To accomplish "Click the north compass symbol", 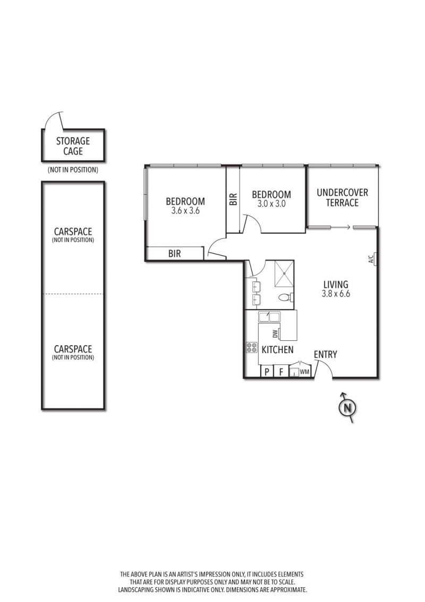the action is click(347, 408).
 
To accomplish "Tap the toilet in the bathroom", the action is click(286, 297).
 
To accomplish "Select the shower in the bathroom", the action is click(284, 274).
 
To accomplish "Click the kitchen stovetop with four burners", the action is click(252, 347).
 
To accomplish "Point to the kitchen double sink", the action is click(269, 317).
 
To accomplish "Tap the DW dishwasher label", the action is click(275, 335).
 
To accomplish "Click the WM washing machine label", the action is click(304, 372).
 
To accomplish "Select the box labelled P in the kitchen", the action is click(267, 372).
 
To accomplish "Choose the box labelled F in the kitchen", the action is click(281, 372).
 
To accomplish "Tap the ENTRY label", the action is click(325, 354).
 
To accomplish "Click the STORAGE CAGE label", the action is click(73, 146).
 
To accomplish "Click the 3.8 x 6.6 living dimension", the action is click(336, 294).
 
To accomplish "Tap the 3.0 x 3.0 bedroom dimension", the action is click(271, 204).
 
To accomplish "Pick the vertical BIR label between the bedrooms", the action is click(233, 199).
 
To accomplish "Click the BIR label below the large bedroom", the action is click(175, 253).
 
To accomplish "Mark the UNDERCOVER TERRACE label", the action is click(342, 197).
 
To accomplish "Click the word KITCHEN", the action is click(277, 349).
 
